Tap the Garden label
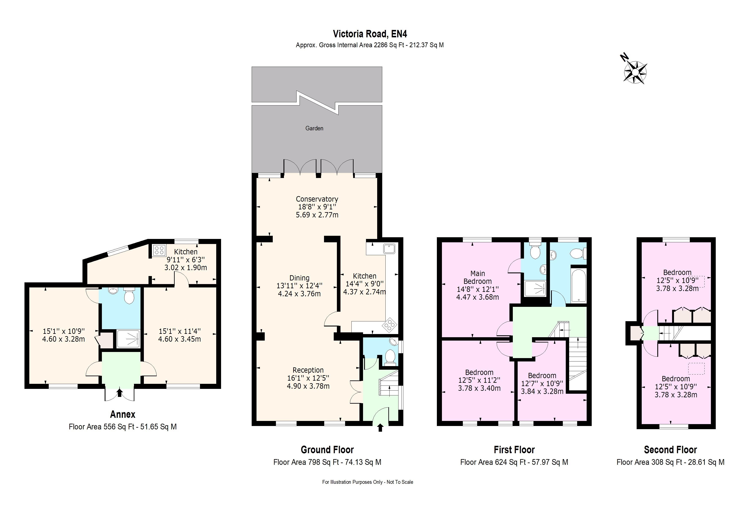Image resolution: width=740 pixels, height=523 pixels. point(314,128)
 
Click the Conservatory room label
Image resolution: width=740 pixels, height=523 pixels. point(317,199)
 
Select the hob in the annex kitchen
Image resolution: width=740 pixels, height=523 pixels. point(159,250)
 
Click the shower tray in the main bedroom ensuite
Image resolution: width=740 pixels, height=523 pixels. point(535,288)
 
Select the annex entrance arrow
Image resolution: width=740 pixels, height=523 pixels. point(120,392)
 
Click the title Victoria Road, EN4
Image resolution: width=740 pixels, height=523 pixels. point(370,34)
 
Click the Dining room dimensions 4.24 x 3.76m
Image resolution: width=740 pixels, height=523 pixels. point(299,294)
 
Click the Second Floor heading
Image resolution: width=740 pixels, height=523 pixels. point(670,450)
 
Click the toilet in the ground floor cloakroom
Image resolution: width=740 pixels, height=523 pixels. point(390,357)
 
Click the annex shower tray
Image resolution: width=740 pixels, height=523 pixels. point(128,339)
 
